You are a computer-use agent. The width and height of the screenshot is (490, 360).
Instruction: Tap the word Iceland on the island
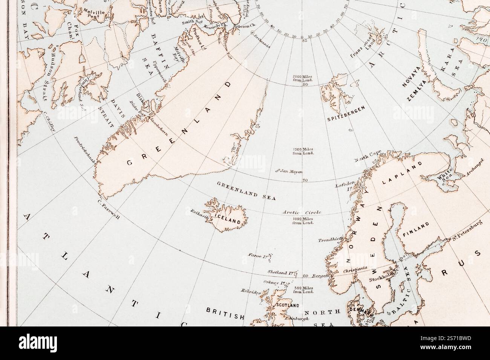(x=227, y=219)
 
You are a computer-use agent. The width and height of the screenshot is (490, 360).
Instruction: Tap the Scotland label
(x=288, y=305)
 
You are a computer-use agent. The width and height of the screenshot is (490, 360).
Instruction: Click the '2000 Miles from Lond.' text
(x=303, y=78)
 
